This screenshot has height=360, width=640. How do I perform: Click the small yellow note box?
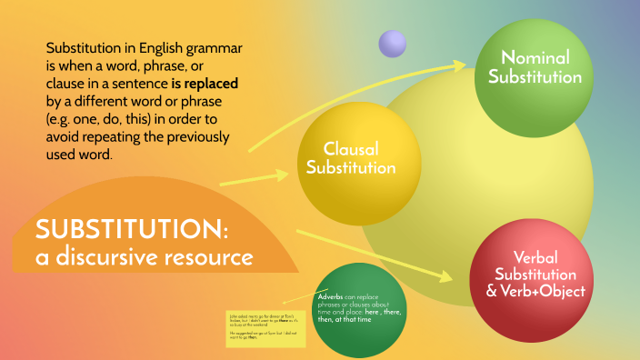coord(265,328)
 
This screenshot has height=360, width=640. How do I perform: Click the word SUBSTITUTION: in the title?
coord(132,228)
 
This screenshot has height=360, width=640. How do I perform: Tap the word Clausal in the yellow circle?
coord(350,148)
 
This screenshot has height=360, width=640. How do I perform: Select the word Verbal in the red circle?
coord(535,256)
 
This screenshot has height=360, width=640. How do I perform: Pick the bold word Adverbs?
coord(329,297)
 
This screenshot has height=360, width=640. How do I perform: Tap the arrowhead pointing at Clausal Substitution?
coord(293,173)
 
